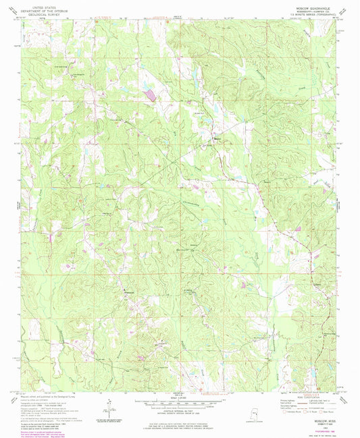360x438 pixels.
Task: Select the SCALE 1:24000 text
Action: point(180,396)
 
